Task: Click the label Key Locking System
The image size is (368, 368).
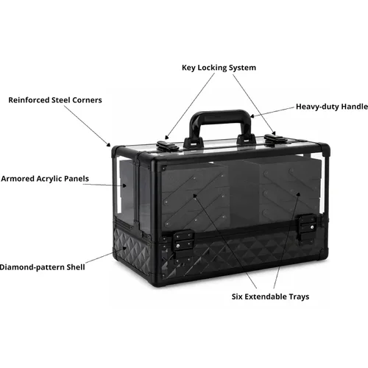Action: [219, 68]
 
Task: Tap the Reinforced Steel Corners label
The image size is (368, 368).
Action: [55, 100]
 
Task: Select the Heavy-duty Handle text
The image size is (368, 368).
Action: [332, 107]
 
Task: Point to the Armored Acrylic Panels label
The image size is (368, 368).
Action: [45, 179]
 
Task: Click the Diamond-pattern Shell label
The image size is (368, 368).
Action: [42, 267]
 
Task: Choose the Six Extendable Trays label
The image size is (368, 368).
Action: [270, 297]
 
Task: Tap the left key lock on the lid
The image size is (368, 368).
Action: [168, 146]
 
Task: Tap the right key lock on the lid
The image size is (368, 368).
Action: [276, 139]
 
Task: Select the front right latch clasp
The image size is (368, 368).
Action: [307, 228]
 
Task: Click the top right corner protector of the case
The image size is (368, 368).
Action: [324, 148]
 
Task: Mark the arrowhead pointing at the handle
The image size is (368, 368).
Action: [252, 116]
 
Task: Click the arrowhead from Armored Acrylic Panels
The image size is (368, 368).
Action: [124, 185]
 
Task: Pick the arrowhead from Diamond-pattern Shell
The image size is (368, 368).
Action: [124, 248]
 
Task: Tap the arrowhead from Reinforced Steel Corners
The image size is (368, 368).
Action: [108, 144]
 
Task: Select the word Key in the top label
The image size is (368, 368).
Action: [189, 68]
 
